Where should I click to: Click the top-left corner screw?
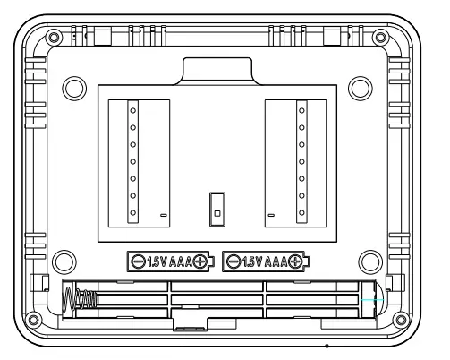(x=54, y=38)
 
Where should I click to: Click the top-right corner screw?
(x=380, y=38)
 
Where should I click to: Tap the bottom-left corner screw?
(x=33, y=320)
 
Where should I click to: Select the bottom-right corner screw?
(x=401, y=320)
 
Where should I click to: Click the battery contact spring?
(x=80, y=299)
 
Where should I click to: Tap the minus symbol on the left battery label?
(x=138, y=261)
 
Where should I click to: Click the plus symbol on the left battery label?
(x=200, y=261)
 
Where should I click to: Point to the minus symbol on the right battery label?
(x=233, y=261)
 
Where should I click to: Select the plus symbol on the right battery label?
(x=295, y=261)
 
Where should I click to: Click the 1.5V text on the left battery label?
(x=157, y=262)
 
